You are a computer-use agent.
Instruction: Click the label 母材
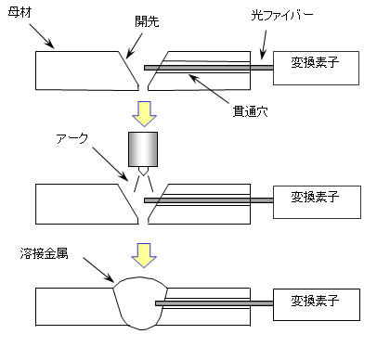[19, 13]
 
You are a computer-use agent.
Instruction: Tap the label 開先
[147, 21]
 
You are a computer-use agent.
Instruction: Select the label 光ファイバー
[282, 15]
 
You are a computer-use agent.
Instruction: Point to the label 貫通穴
[250, 111]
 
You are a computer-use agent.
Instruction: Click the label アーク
[72, 138]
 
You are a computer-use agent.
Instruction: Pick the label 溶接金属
[44, 253]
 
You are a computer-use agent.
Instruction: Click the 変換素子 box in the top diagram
[316, 68]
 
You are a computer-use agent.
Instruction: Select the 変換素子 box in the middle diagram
[317, 202]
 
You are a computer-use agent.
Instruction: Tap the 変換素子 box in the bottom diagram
[317, 304]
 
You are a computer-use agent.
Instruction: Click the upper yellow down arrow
[145, 113]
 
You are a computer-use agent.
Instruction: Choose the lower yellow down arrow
[144, 255]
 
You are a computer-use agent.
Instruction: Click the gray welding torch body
[143, 149]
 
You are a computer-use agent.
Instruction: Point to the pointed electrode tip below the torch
[143, 171]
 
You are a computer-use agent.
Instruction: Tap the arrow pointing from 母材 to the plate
[42, 36]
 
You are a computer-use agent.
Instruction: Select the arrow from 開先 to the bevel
[135, 45]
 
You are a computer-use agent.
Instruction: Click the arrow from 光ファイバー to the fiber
[264, 45]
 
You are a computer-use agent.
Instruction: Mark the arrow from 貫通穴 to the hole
[209, 89]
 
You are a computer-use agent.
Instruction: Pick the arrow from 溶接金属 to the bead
[98, 269]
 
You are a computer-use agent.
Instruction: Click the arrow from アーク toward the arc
[110, 164]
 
